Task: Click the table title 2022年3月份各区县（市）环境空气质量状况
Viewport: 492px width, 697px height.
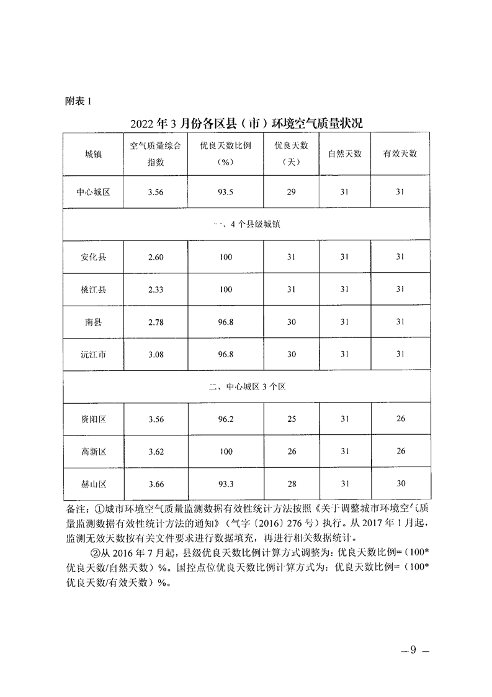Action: point(246,122)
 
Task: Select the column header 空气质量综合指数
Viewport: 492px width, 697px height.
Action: point(155,154)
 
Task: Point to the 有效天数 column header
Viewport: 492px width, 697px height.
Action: point(400,153)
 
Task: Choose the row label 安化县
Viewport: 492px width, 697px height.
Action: point(94,257)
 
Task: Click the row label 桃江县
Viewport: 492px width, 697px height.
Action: point(94,289)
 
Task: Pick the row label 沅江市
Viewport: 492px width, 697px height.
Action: point(94,354)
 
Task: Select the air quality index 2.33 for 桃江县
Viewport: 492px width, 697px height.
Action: point(156,289)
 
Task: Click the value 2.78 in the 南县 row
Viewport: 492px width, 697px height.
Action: point(156,321)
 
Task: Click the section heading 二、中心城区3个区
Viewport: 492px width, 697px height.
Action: point(246,386)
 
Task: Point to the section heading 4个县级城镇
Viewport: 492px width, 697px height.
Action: point(246,224)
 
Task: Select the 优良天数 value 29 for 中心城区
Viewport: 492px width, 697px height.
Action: point(291,192)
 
